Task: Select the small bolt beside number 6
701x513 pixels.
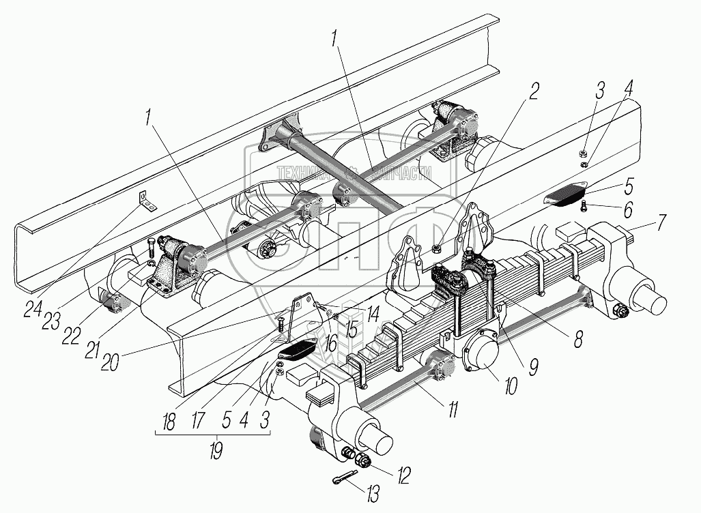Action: point(584,206)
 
